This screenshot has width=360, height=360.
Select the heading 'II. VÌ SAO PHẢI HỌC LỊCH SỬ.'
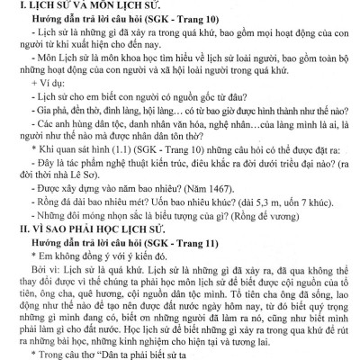pyautogui.click(x=82, y=229)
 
